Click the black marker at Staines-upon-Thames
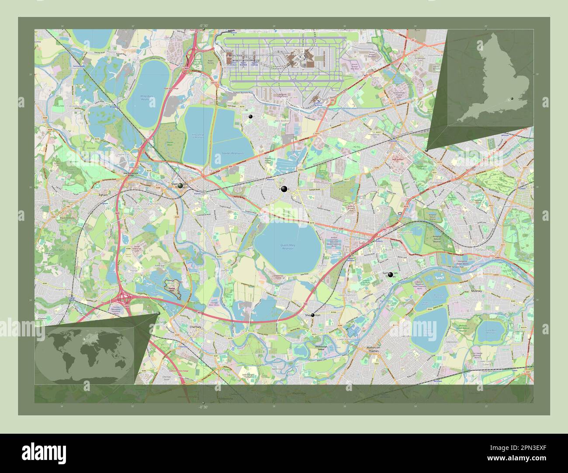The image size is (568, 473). pyautogui.click(x=180, y=185)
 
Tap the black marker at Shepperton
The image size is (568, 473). pyautogui.click(x=312, y=315)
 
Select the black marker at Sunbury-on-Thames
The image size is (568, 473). pyautogui.click(x=390, y=274)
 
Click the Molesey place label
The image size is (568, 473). pyautogui.click(x=476, y=291)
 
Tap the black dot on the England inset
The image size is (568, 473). pyautogui.click(x=511, y=99)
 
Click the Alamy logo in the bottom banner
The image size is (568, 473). pyautogui.click(x=44, y=452)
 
